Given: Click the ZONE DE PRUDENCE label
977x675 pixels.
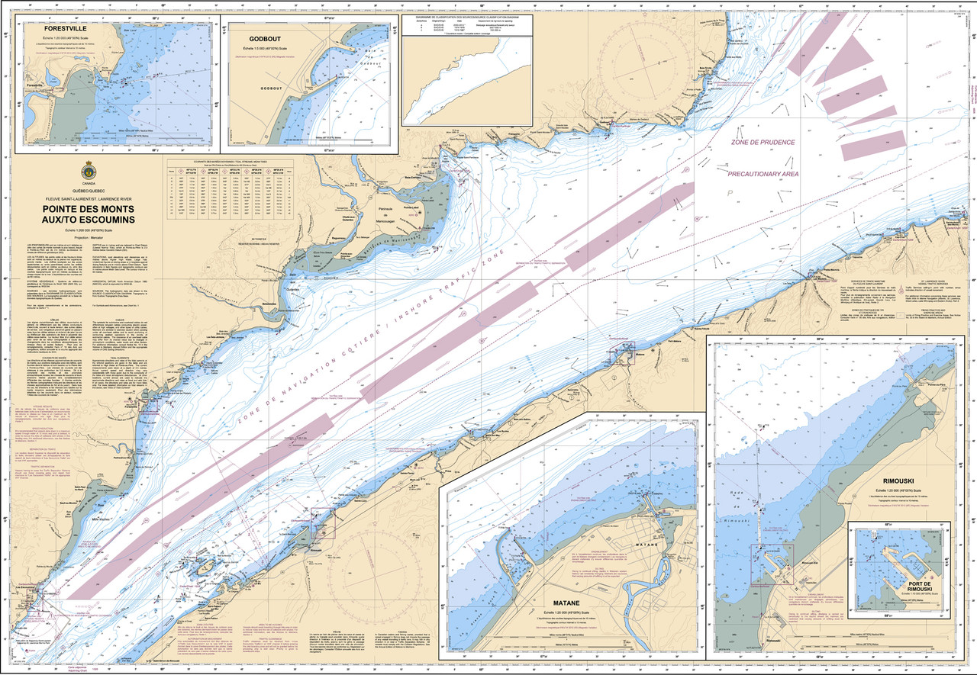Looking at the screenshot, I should pos(763,143).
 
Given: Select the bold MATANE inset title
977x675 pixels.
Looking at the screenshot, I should pos(566,599).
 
